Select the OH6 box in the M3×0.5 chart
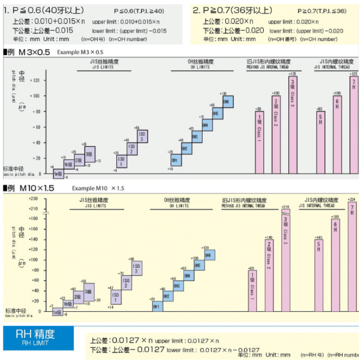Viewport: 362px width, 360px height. click(226, 102)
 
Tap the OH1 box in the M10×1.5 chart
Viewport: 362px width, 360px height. click(156, 307)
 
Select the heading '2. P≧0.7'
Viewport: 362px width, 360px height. click(233, 10)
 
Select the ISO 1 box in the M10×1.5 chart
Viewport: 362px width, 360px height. click(114, 296)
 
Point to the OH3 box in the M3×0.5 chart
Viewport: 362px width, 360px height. click(195, 136)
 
